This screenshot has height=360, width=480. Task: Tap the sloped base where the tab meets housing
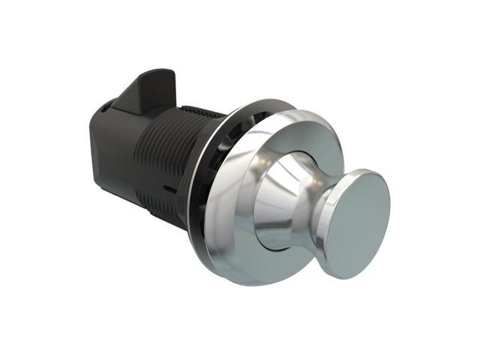[131, 105]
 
